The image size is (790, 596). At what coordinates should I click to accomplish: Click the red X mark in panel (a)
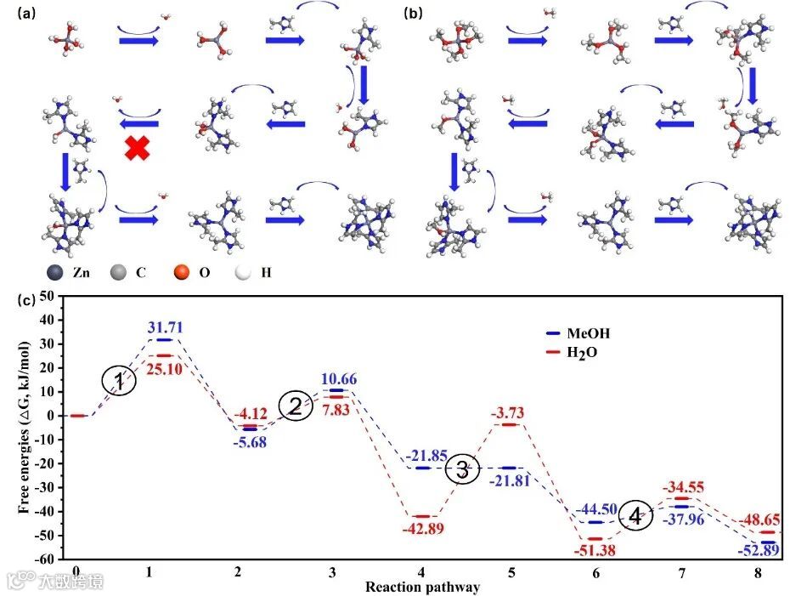(x=137, y=148)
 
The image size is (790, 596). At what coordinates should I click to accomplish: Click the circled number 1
(x=120, y=382)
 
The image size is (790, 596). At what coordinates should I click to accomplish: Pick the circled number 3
(x=463, y=469)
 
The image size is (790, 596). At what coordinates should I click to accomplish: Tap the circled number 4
(x=636, y=515)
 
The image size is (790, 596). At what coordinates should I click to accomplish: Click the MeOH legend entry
(x=587, y=333)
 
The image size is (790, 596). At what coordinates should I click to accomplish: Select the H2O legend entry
(x=587, y=352)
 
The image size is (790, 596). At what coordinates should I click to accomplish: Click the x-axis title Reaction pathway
(x=422, y=587)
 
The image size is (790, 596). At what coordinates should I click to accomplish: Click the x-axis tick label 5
(x=511, y=572)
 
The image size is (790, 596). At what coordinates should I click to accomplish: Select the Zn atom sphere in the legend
(x=58, y=272)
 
